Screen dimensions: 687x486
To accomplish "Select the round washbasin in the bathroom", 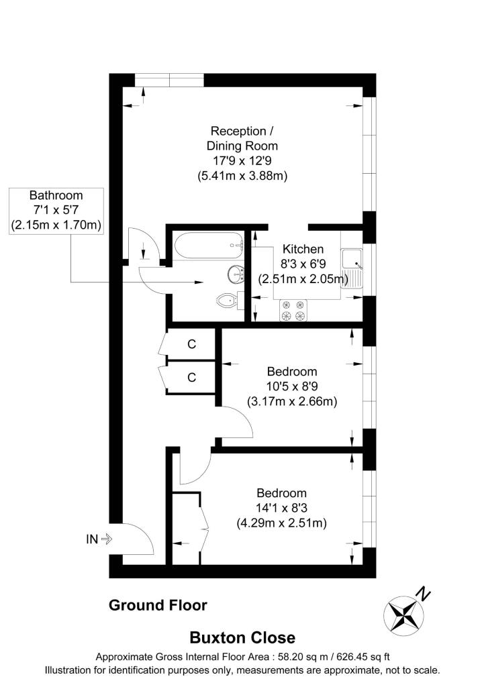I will (x=234, y=274).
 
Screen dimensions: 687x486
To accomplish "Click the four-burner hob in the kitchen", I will (x=293, y=310).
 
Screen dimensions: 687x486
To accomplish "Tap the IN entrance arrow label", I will (x=98, y=538).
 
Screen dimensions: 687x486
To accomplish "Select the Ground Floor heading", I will (x=158, y=605).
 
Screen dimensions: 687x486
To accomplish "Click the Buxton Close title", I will (x=242, y=637).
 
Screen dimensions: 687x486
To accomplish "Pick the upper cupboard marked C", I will (x=191, y=344).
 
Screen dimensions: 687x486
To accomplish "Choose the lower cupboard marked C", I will (x=191, y=377).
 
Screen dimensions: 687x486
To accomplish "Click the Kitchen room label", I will (x=303, y=249).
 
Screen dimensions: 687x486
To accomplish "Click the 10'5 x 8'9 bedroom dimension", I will (x=292, y=386).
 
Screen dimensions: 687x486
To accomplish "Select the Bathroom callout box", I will (x=56, y=211).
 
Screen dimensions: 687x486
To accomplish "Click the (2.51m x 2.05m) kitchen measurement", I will (x=303, y=278).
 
